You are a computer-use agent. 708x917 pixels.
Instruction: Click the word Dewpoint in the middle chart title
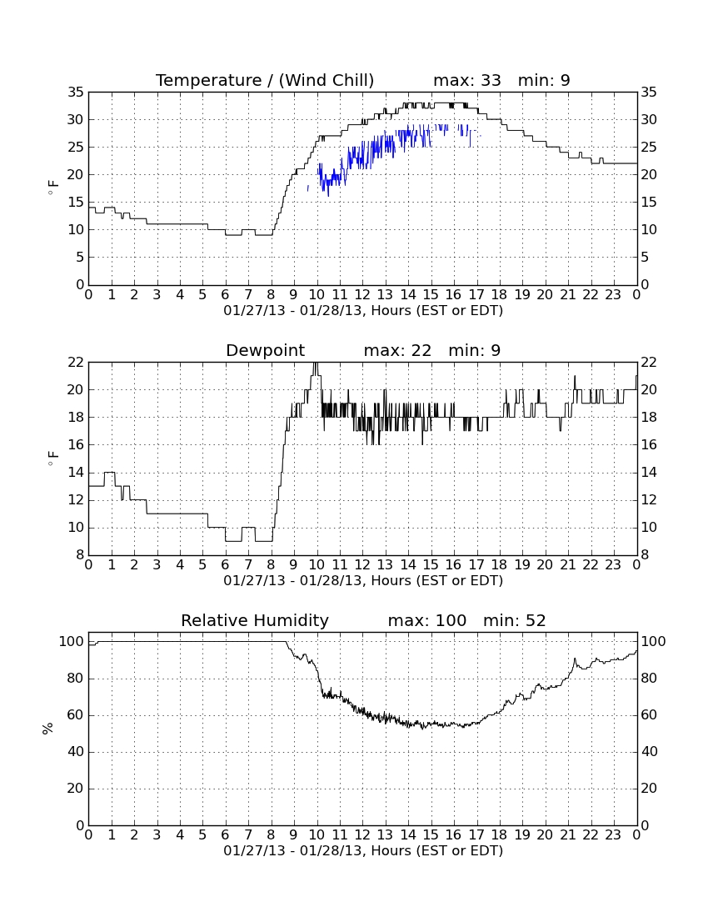(x=265, y=350)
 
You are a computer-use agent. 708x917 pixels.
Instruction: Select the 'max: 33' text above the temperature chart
(x=467, y=80)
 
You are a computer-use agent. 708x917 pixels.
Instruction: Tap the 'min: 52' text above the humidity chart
(x=514, y=620)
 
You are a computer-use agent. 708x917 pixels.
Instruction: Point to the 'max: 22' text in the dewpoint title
(x=397, y=350)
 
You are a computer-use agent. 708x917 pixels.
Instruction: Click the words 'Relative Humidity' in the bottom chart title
(x=255, y=620)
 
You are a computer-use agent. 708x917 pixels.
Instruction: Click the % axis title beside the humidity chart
(x=48, y=728)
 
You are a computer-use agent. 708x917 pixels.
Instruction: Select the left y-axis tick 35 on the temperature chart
(x=76, y=92)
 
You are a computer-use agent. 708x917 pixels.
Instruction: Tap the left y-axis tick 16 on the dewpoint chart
(x=76, y=445)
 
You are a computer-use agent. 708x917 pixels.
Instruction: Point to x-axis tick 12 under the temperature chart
(x=362, y=295)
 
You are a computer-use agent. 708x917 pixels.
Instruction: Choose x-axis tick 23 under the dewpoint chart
(x=613, y=565)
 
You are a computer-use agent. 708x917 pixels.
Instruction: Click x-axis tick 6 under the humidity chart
(x=226, y=835)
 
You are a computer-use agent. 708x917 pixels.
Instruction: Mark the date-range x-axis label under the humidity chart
(x=363, y=850)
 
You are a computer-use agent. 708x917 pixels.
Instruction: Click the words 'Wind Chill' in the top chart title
(x=326, y=80)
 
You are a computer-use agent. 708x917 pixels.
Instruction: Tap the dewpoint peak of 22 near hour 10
(x=316, y=363)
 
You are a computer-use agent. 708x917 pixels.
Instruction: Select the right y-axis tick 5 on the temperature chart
(x=645, y=258)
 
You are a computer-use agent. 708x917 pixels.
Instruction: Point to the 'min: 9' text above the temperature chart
(x=544, y=80)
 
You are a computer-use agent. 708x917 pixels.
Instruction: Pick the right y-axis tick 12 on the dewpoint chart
(x=649, y=500)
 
